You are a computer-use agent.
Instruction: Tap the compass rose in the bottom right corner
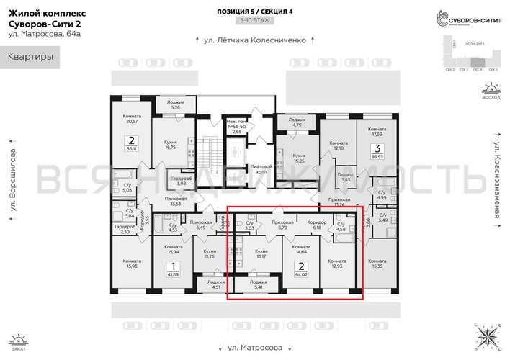[x=489, y=336]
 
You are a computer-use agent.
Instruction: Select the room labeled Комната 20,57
[x=131, y=119]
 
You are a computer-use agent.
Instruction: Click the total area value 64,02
[x=300, y=274]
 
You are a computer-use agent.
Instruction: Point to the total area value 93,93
[x=376, y=155]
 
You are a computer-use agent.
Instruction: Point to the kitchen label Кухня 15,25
[x=299, y=158]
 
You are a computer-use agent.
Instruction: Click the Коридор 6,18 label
[x=316, y=225]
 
